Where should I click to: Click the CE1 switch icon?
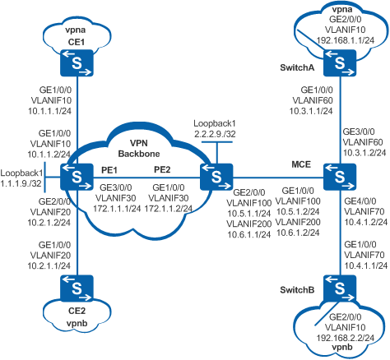[77, 62]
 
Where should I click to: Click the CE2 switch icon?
[77, 288]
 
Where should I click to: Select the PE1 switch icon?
[77, 177]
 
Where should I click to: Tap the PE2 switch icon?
[216, 177]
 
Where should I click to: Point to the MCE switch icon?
[340, 177]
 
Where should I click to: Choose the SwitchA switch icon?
[340, 62]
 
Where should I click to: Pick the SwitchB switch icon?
[340, 288]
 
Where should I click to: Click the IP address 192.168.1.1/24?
[346, 40]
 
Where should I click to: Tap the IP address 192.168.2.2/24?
[346, 338]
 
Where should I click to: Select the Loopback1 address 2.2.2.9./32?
[215, 134]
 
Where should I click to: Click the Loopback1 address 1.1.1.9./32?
[21, 183]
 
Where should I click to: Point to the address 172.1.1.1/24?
[117, 209]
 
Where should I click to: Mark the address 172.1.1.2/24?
[168, 209]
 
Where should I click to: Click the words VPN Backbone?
[139, 148]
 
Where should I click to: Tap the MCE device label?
[301, 164]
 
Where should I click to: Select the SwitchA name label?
[297, 67]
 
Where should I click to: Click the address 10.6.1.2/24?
[298, 233]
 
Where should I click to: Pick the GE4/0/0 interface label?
[360, 201]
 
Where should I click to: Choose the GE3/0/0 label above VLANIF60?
[359, 132]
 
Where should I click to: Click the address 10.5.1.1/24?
[249, 214]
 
